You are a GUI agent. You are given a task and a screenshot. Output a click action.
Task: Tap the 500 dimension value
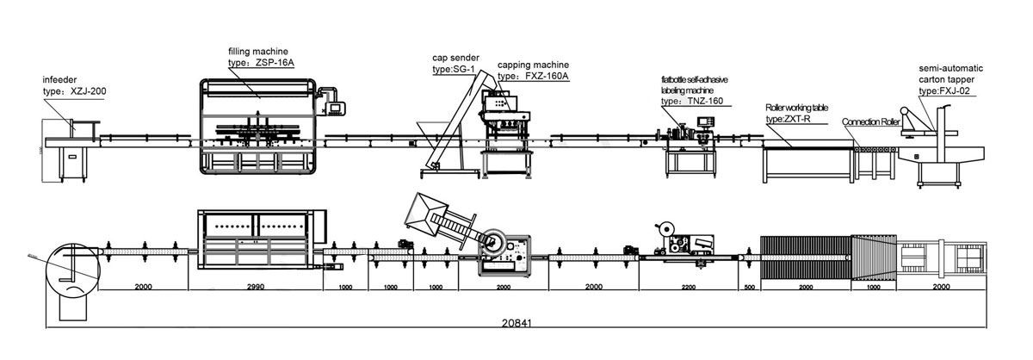748,286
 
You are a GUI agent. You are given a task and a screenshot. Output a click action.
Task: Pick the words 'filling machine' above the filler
258,52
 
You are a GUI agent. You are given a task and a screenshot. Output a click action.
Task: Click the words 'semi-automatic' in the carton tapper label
950,67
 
